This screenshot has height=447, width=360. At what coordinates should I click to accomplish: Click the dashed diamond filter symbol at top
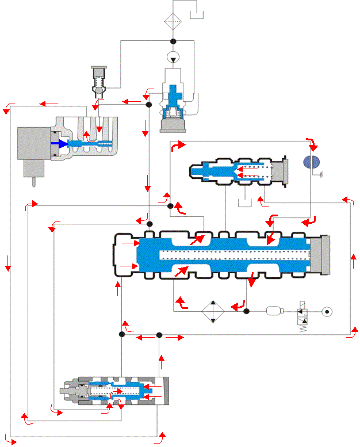tap(173, 21)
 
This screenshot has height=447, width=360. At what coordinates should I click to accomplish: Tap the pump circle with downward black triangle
tap(173, 57)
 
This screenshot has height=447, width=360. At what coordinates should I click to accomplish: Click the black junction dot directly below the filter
tap(173, 41)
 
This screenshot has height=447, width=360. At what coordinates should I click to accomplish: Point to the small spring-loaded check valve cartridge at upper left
tap(99, 80)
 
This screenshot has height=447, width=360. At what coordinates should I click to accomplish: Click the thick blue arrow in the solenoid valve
tap(59, 144)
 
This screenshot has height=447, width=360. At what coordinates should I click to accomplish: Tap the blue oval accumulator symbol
tap(311, 162)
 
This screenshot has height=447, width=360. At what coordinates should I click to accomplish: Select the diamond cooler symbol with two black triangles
tap(212, 311)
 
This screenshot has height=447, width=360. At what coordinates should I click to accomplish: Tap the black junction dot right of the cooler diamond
tap(246, 311)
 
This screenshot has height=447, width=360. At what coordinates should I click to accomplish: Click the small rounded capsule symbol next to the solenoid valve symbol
tap(274, 311)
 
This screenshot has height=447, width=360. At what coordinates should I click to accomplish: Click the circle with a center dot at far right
tap(327, 311)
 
